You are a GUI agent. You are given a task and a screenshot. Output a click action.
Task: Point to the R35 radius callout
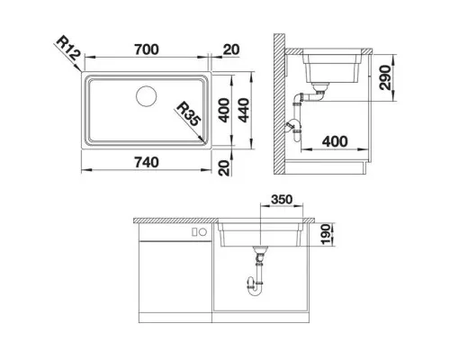[189, 115]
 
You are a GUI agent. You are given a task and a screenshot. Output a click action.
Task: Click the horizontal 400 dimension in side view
[334, 142]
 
